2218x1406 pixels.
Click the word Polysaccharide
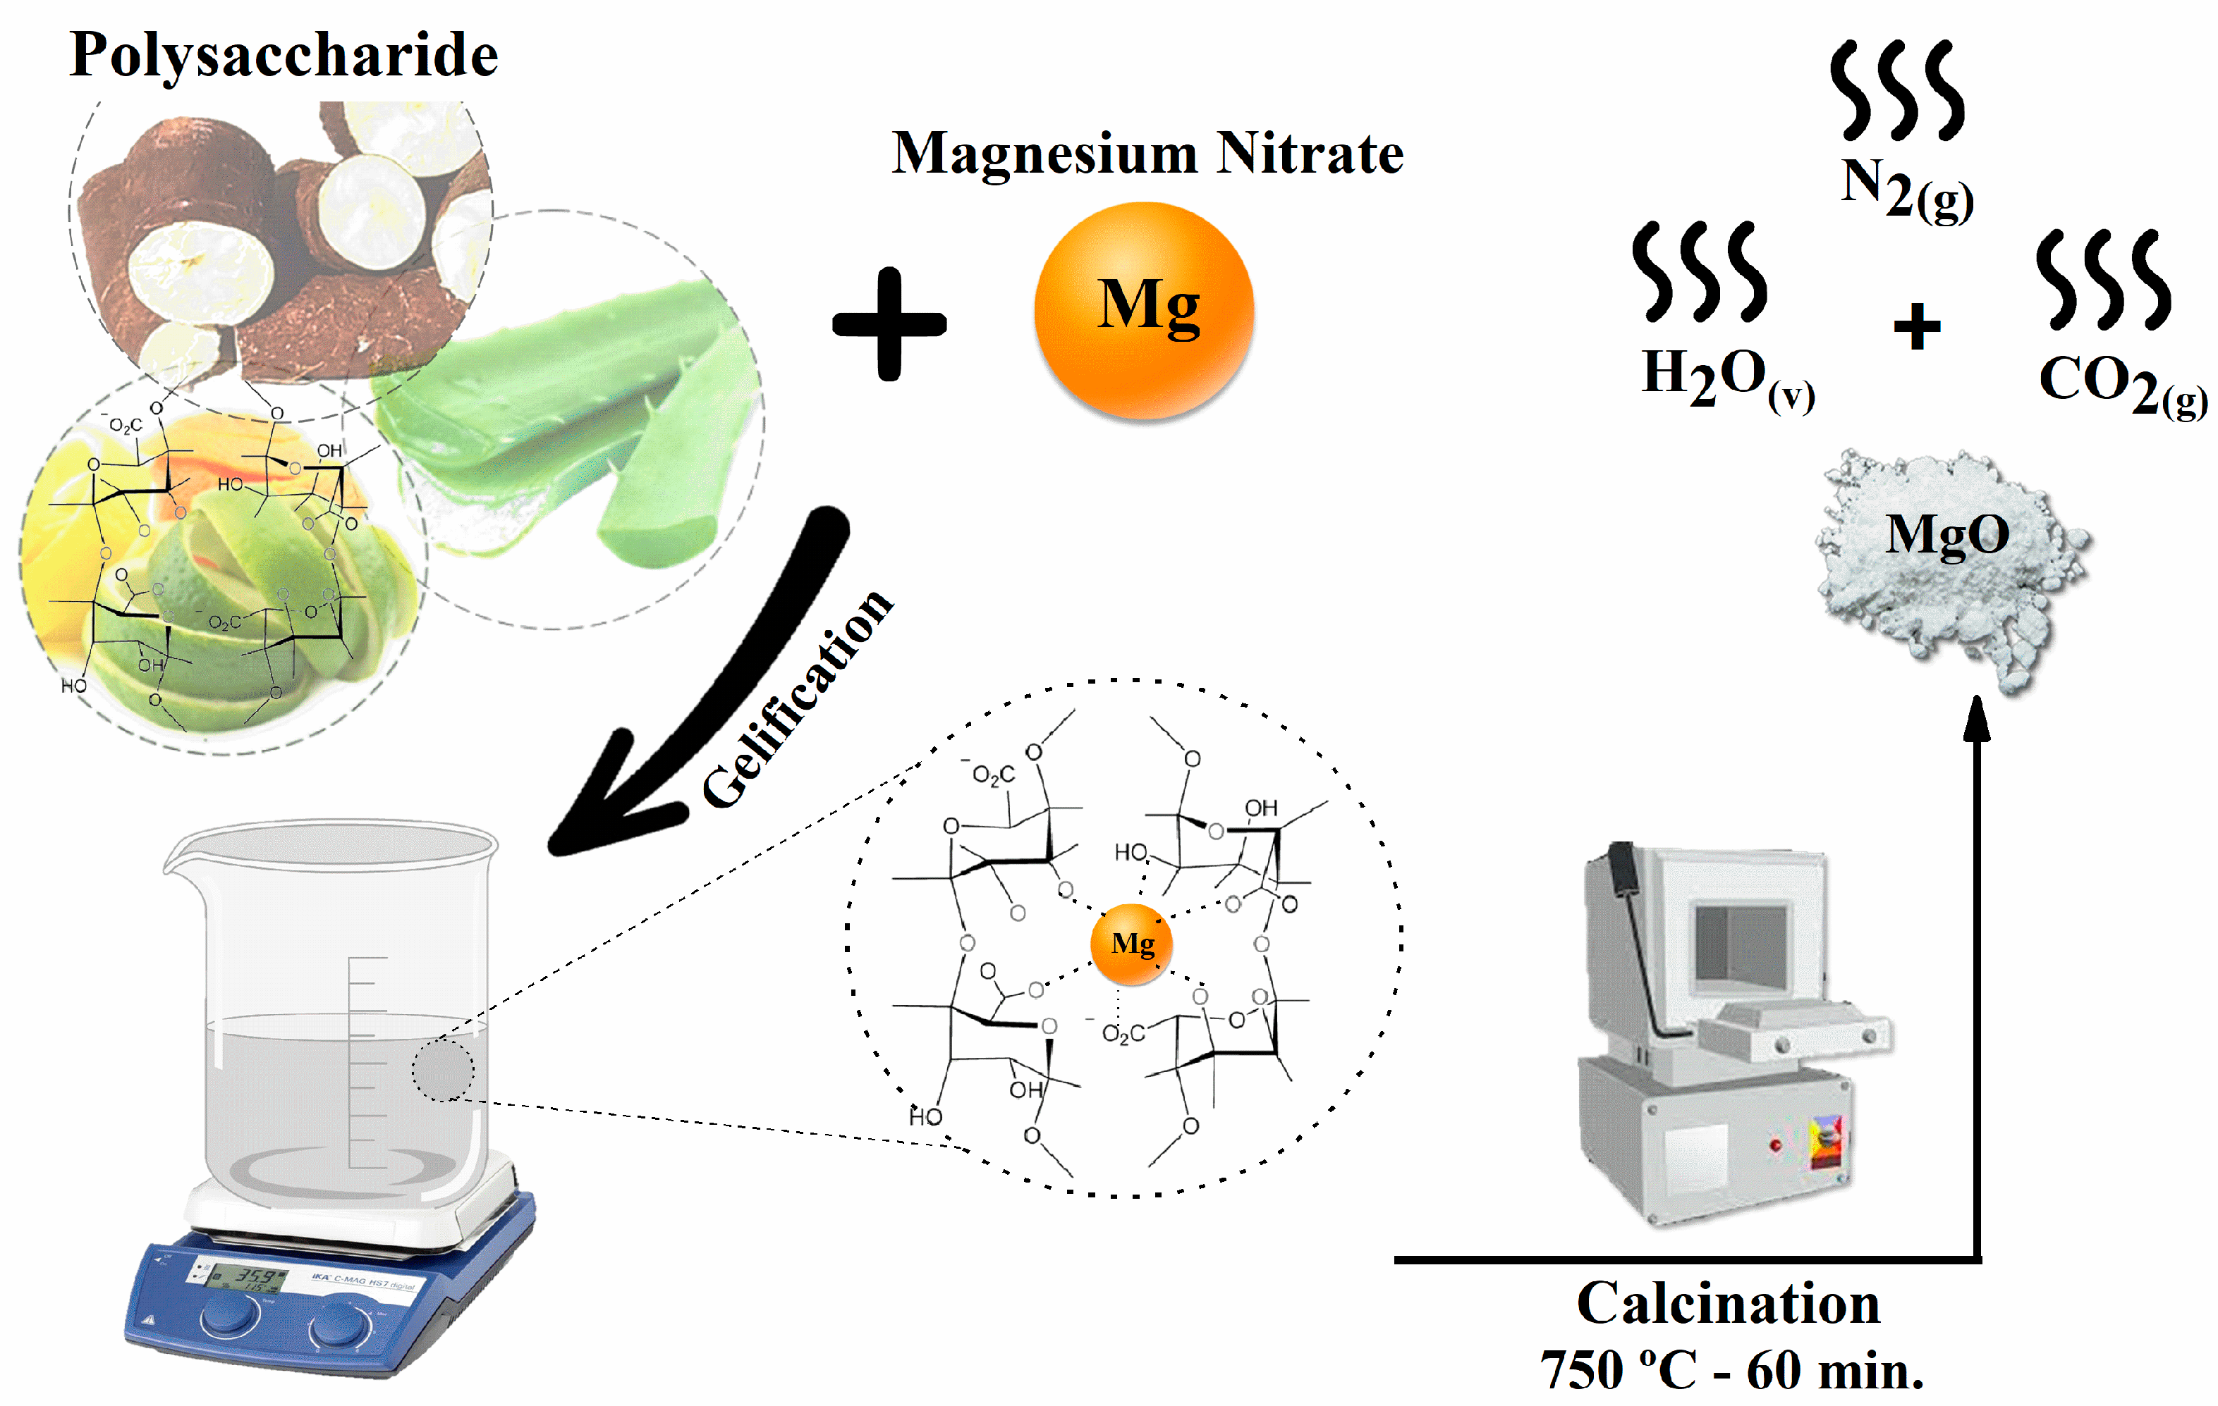284,55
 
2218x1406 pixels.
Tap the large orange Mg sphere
1144,310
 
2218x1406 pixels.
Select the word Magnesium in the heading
1044,154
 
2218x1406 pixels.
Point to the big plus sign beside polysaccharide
889,323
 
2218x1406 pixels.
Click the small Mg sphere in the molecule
1132,944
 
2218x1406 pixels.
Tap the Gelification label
797,700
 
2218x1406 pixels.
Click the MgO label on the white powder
1947,534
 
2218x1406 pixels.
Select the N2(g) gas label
1906,189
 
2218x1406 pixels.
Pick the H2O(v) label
1727,378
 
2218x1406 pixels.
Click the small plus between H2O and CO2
1917,327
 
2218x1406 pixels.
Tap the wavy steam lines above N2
1896,90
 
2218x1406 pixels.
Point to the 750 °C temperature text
1626,1371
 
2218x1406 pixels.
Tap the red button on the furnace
1775,1145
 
